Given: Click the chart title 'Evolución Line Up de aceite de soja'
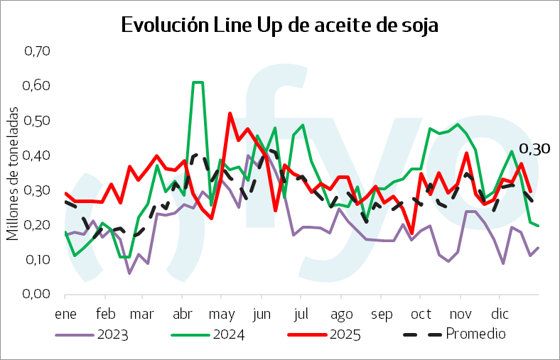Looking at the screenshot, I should coord(280,25).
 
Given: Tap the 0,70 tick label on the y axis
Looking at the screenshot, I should coord(37,51).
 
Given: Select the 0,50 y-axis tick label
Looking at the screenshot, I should coord(37,121).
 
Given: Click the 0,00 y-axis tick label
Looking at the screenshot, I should coord(37,294).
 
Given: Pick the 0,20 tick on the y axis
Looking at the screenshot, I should coord(37,224).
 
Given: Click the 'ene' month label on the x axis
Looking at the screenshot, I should coord(65,312).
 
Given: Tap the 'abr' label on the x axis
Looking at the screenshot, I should coord(183,312).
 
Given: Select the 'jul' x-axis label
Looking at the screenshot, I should coord(301,312).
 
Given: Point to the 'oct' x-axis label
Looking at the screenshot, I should coord(421,312).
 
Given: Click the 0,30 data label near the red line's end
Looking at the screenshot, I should coord(535,149).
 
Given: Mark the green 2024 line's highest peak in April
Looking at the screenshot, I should coord(198,83).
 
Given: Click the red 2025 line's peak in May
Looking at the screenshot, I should coord(230,113).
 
